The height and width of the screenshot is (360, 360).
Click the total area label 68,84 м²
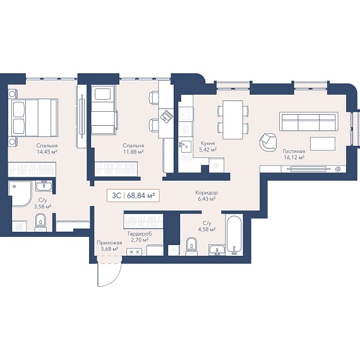coord(141,196)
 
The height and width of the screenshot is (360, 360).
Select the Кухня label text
coord(208,143)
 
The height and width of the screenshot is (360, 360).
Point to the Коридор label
coord(207,193)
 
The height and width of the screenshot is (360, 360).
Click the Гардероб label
coord(140,234)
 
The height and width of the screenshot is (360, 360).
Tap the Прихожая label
coord(109,243)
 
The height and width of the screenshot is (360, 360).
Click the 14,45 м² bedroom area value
coord(47,152)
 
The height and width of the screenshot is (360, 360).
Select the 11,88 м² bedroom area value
coord(133,152)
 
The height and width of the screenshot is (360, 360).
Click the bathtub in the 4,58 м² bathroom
coord(234,235)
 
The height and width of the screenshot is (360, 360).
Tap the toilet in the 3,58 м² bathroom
coord(40,222)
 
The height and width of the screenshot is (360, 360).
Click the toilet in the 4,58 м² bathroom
coord(191,246)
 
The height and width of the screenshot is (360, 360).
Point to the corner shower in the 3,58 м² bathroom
coord(20,194)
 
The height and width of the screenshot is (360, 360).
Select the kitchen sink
coord(185,147)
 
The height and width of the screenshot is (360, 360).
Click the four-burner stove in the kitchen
coord(186,114)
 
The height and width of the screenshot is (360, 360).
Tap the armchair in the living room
coord(268,143)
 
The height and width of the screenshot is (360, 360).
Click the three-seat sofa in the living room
coord(309,121)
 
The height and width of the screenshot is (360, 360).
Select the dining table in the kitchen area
coord(233,120)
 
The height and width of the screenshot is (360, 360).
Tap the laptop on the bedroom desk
coord(166,116)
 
